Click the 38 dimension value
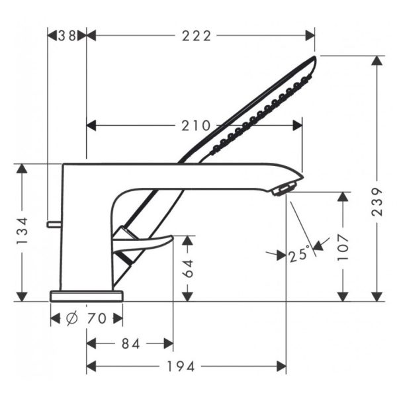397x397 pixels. pyautogui.click(x=67, y=36)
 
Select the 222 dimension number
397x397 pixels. pyautogui.click(x=197, y=36)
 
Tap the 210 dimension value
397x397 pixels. pyautogui.click(x=196, y=126)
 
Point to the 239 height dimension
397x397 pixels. pyautogui.click(x=377, y=202)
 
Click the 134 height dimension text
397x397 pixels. pyautogui.click(x=22, y=231)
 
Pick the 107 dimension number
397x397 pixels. pyautogui.click(x=343, y=247)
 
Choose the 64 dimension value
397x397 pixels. pyautogui.click(x=188, y=269)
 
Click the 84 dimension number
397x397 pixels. pyautogui.click(x=130, y=344)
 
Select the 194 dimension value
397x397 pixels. pyautogui.click(x=181, y=367)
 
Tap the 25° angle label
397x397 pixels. pyautogui.click(x=299, y=255)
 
